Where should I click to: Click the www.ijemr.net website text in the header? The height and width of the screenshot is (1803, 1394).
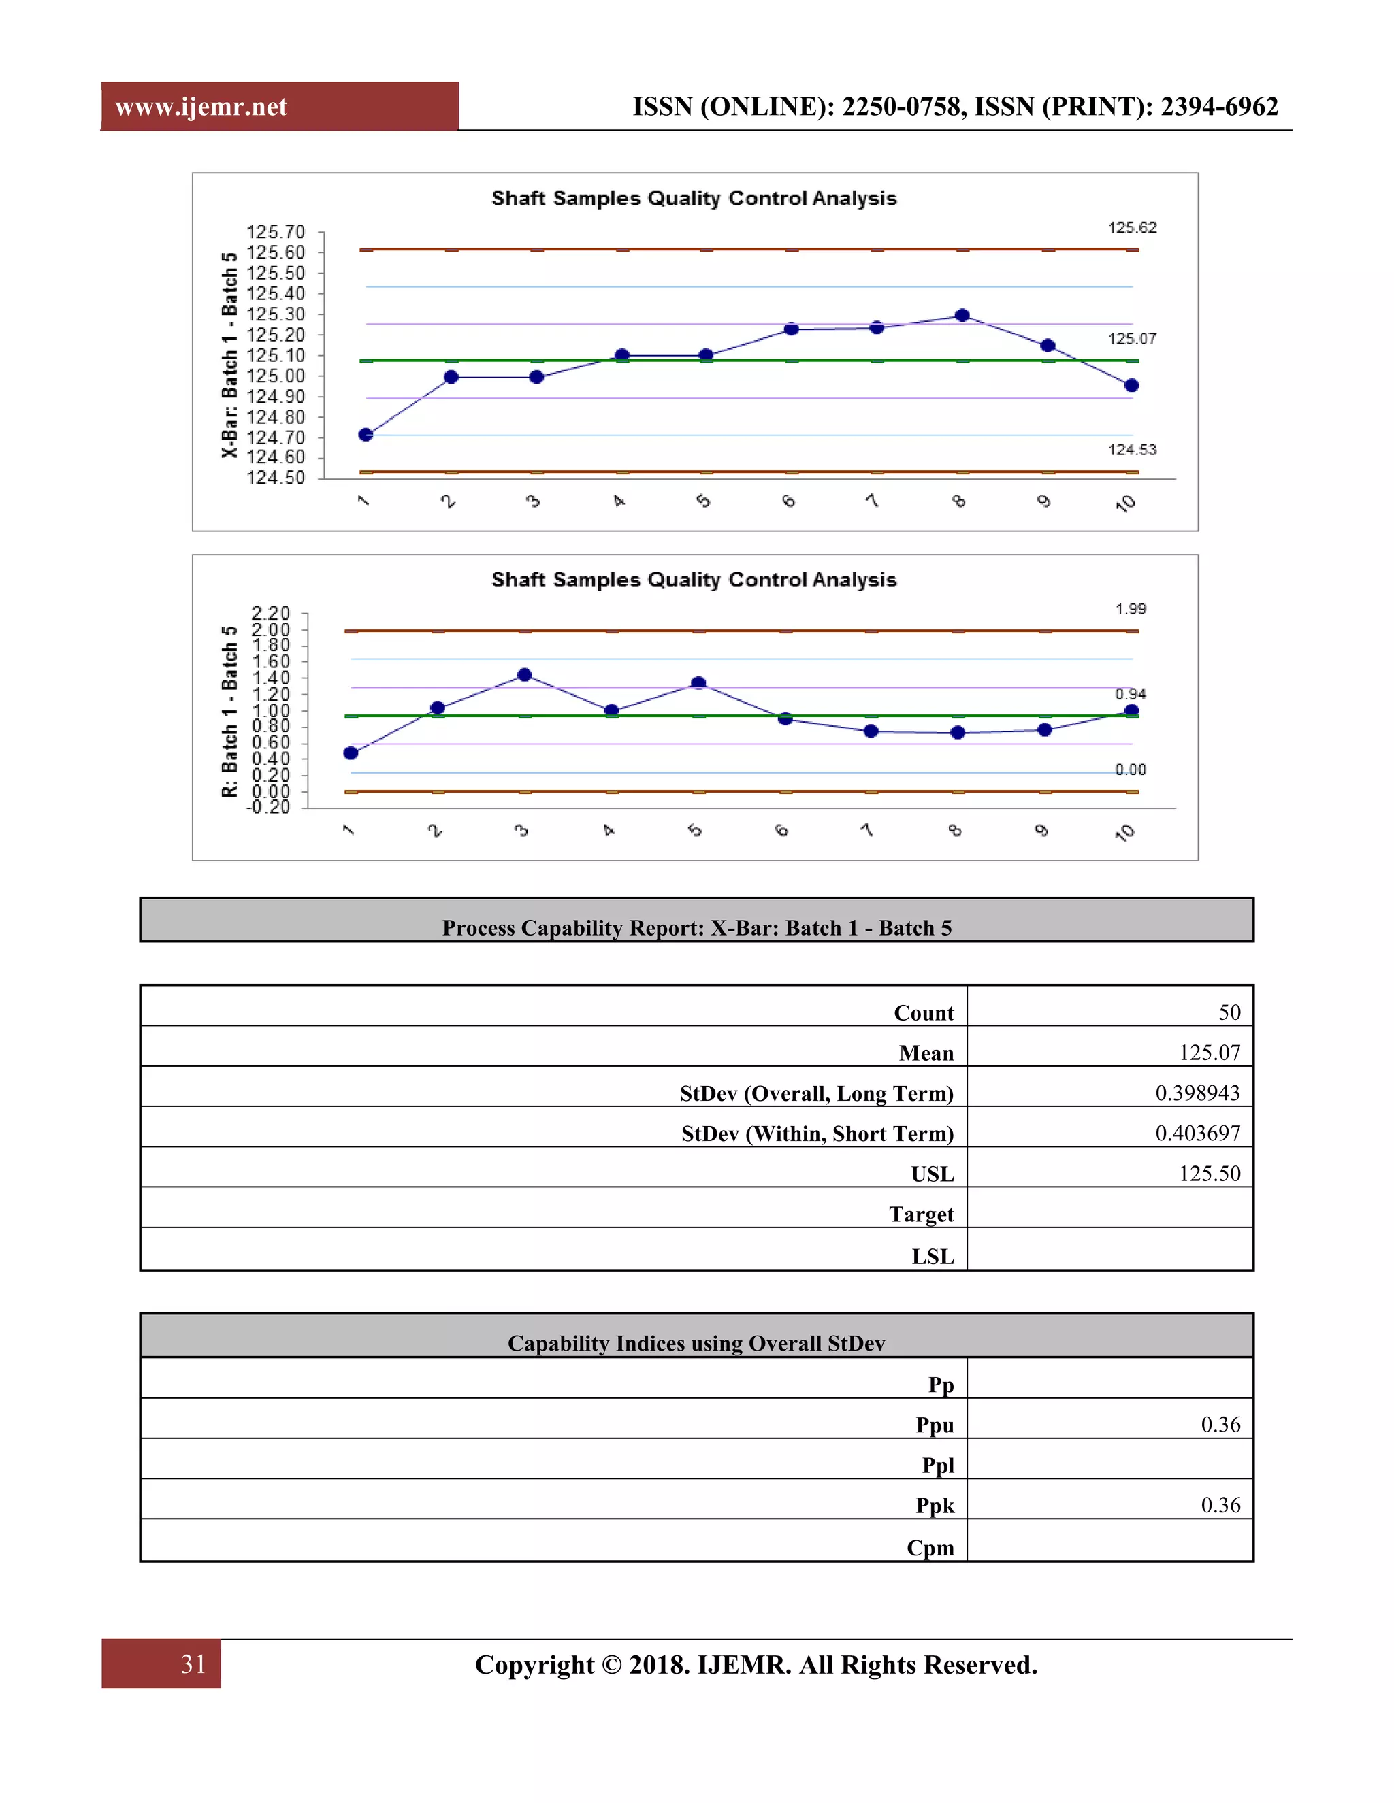pyautogui.click(x=201, y=107)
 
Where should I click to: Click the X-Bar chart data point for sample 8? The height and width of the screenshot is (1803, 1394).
pyautogui.click(x=962, y=316)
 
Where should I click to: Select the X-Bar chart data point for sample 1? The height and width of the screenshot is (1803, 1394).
pyautogui.click(x=366, y=434)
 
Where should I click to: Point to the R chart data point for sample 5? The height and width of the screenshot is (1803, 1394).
pyautogui.click(x=698, y=682)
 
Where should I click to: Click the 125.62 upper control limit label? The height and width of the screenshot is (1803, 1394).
pyautogui.click(x=1132, y=227)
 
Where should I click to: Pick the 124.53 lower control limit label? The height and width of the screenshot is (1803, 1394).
pyautogui.click(x=1132, y=450)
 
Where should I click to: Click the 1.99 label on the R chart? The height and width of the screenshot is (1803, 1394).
pyautogui.click(x=1131, y=608)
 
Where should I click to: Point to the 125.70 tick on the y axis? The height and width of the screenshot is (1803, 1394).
pyautogui.click(x=276, y=232)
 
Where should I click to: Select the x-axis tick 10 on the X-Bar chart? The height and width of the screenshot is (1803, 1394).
pyautogui.click(x=1126, y=503)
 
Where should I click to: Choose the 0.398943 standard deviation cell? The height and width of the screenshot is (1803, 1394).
pyautogui.click(x=1197, y=1093)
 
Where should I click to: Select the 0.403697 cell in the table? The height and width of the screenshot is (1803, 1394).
pyautogui.click(x=1197, y=1134)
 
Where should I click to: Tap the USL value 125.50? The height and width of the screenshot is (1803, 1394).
pyautogui.click(x=1209, y=1173)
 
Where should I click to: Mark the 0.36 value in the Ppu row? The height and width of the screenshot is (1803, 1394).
pyautogui.click(x=1220, y=1425)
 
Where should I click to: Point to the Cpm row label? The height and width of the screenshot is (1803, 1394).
pyautogui.click(x=930, y=1547)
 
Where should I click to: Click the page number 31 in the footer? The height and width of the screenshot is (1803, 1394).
pyautogui.click(x=193, y=1664)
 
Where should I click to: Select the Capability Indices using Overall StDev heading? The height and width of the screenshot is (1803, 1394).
pyautogui.click(x=696, y=1343)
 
